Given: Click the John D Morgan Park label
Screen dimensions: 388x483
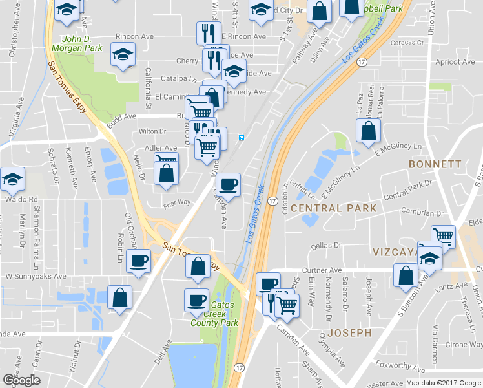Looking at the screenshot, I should point(83,43).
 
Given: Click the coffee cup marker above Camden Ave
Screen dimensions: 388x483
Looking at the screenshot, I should point(227,185).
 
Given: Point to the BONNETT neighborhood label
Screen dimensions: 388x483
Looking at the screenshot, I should point(435,164).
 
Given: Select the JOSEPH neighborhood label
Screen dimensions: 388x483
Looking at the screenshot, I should point(349,333).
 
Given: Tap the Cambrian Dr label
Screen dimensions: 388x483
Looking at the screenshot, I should point(423,213).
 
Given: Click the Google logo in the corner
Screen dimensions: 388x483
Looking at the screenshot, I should point(21,380).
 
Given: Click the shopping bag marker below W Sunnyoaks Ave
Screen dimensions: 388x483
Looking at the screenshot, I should point(119,297).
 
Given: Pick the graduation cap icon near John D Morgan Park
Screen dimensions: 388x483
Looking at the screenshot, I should point(122,56).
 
